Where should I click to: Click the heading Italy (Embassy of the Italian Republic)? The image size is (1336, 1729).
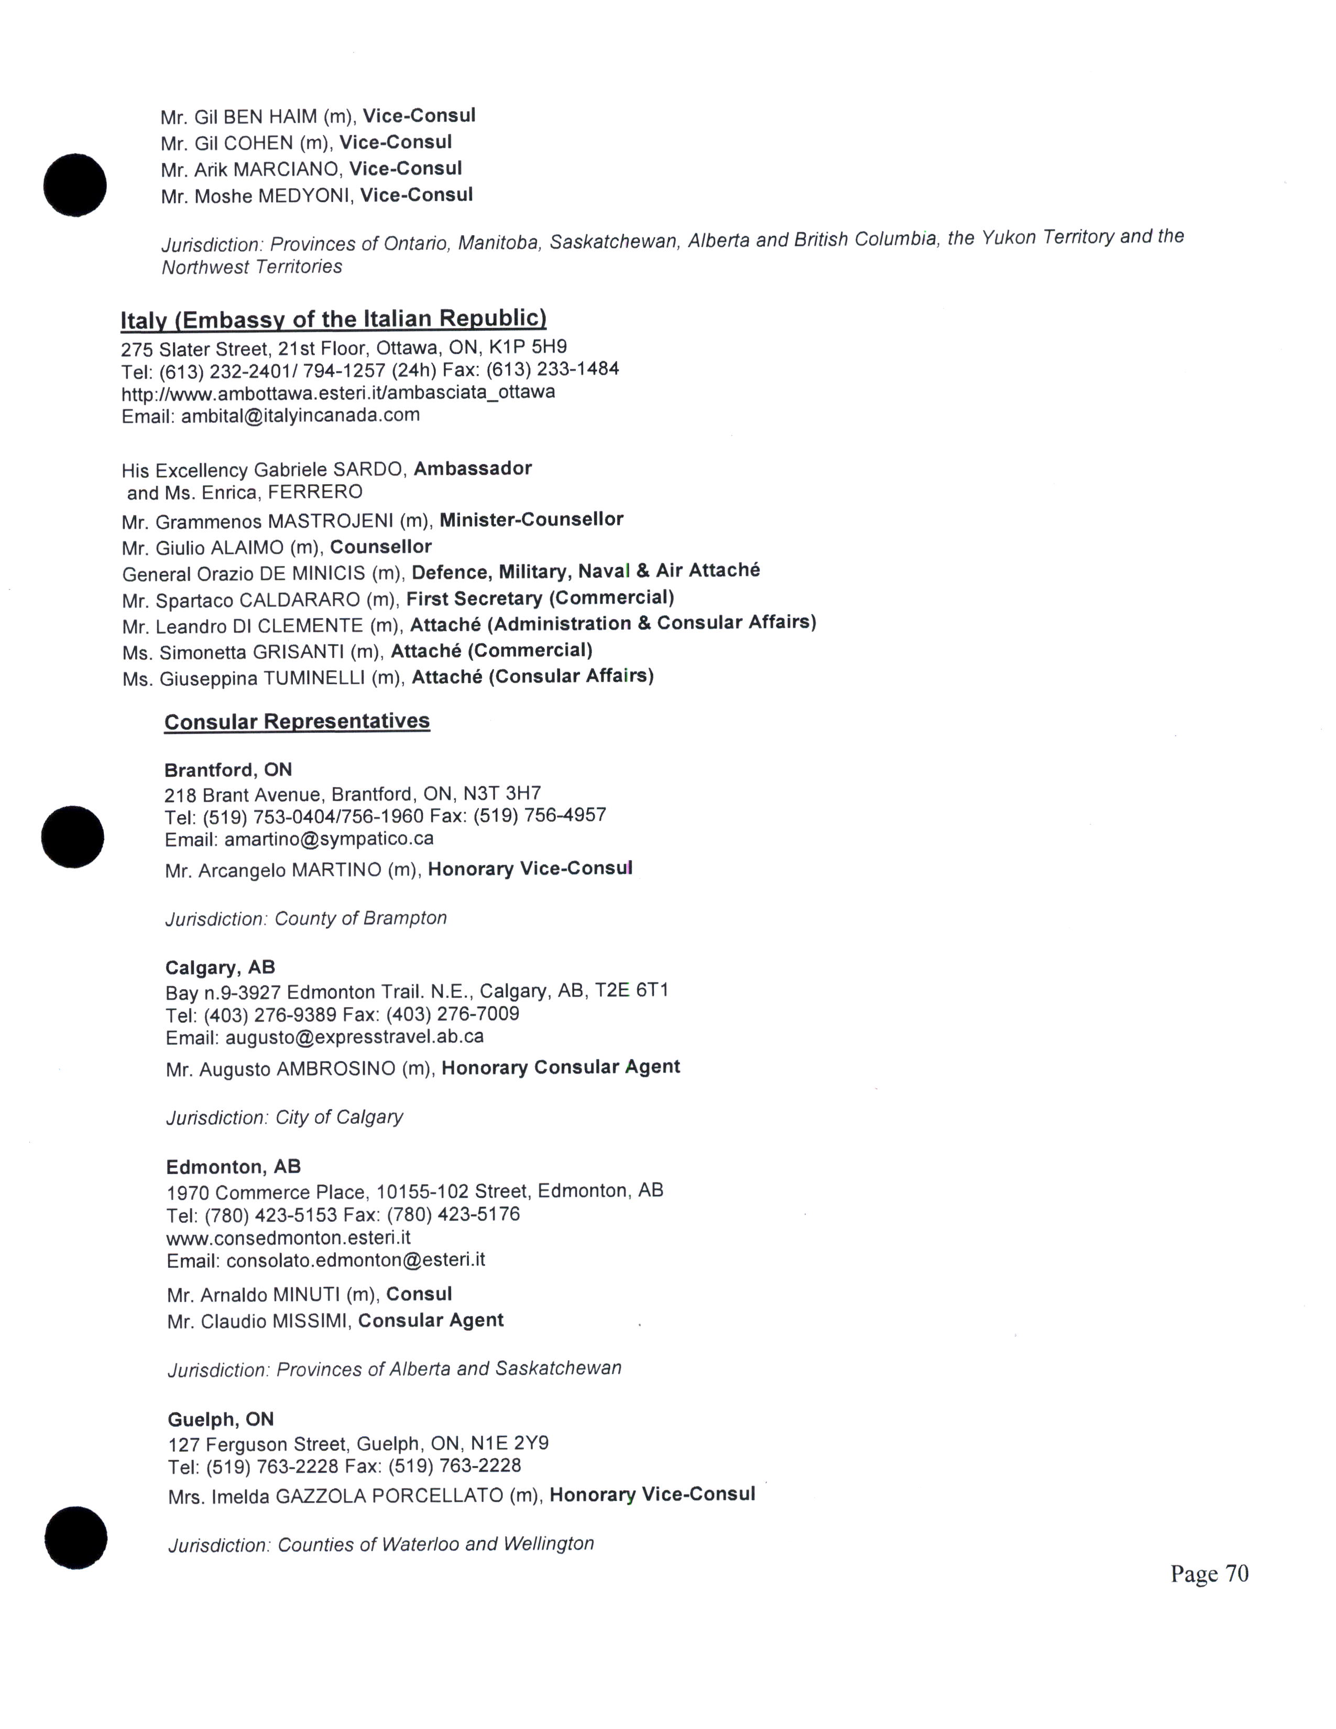click(333, 319)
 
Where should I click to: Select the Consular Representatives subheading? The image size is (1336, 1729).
click(297, 721)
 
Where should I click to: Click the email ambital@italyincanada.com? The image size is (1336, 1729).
click(300, 415)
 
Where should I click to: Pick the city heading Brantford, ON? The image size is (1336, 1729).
click(228, 770)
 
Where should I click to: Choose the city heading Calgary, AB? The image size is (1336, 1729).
click(220, 967)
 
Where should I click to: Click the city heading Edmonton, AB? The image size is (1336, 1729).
click(234, 1167)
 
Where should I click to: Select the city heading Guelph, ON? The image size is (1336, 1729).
click(221, 1419)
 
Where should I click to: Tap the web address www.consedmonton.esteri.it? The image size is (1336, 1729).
click(288, 1238)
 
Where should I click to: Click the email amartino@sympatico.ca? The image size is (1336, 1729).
click(328, 838)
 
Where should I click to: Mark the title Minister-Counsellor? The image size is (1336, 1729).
click(531, 519)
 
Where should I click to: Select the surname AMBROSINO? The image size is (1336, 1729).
click(336, 1069)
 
